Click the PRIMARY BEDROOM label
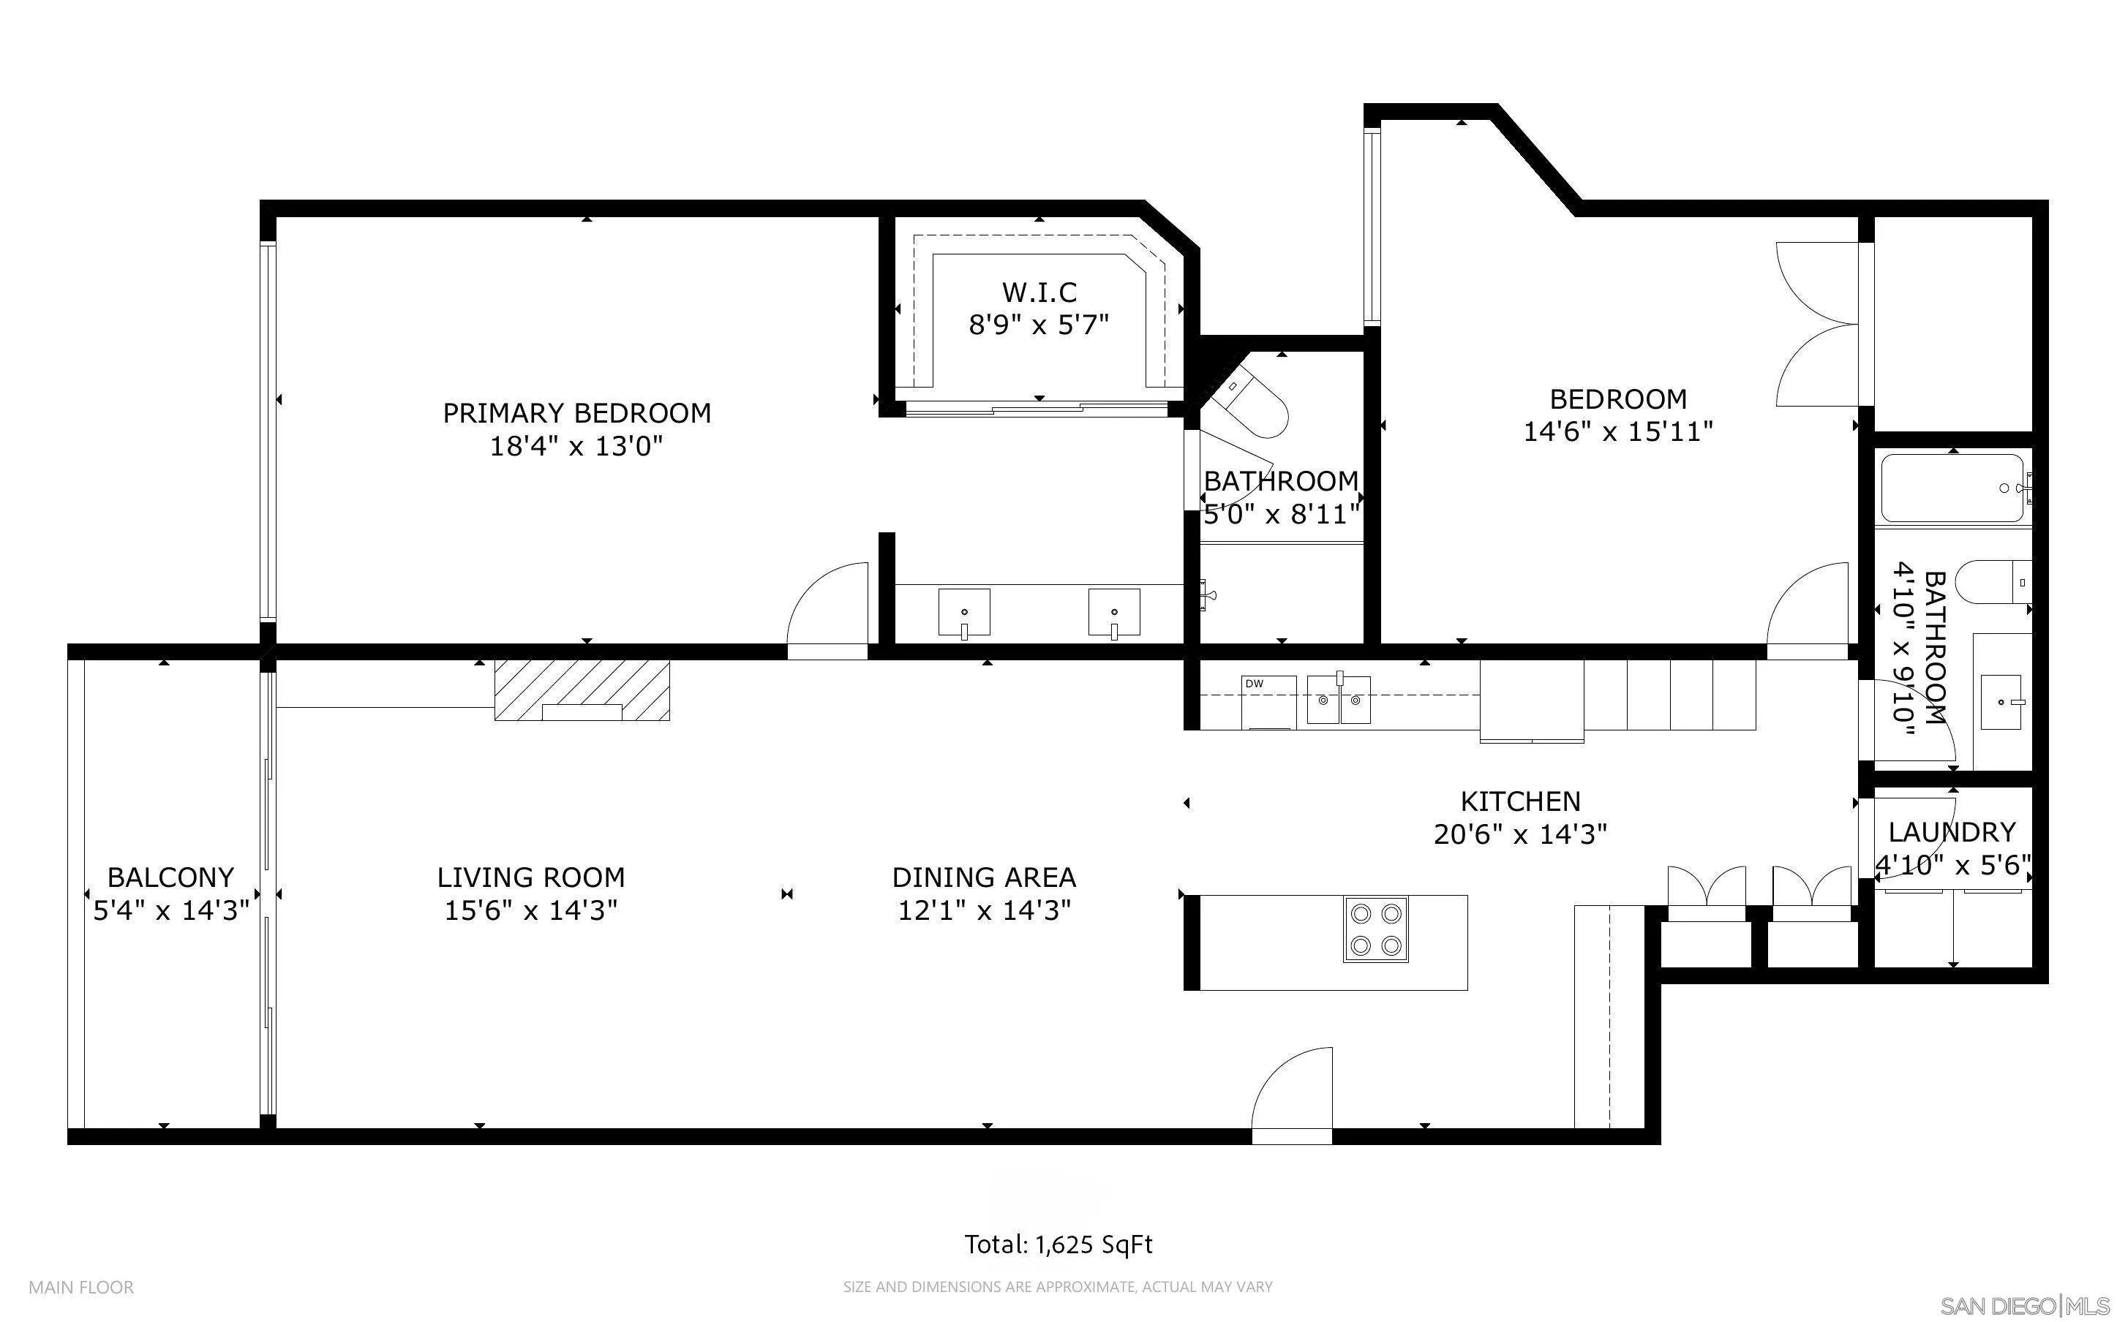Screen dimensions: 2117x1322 pyautogui.click(x=576, y=412)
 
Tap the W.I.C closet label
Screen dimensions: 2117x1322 pyautogui.click(x=1039, y=292)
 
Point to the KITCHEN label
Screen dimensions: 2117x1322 pyautogui.click(x=1521, y=801)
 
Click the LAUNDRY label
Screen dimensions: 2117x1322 pyautogui.click(x=1952, y=831)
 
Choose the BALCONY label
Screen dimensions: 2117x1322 pyautogui.click(x=170, y=877)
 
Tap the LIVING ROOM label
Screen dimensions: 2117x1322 pyautogui.click(x=531, y=877)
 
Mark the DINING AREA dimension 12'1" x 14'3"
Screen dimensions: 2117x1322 pyautogui.click(x=985, y=911)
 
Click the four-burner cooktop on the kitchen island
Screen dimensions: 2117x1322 pyautogui.click(x=1375, y=929)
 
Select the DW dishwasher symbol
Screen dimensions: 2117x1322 pyautogui.click(x=1268, y=701)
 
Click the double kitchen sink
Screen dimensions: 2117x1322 pyautogui.click(x=1339, y=698)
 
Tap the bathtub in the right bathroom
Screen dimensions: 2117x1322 pyautogui.click(x=1955, y=488)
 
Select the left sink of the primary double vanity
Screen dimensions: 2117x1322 pyautogui.click(x=964, y=612)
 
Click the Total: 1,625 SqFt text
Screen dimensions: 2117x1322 pyautogui.click(x=1058, y=1244)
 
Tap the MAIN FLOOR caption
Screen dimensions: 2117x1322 pyautogui.click(x=81, y=1287)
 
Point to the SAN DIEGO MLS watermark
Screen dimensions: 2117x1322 pyautogui.click(x=2023, y=1306)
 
